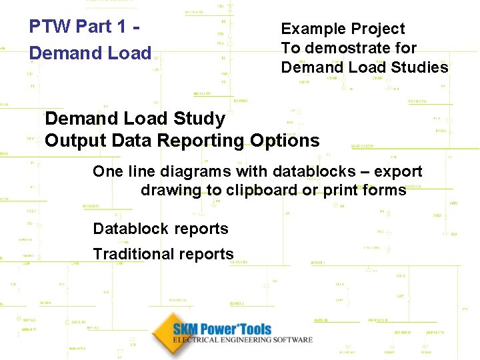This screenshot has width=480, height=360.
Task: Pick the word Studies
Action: click(x=419, y=67)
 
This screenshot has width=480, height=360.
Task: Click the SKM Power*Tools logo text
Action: click(x=222, y=329)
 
